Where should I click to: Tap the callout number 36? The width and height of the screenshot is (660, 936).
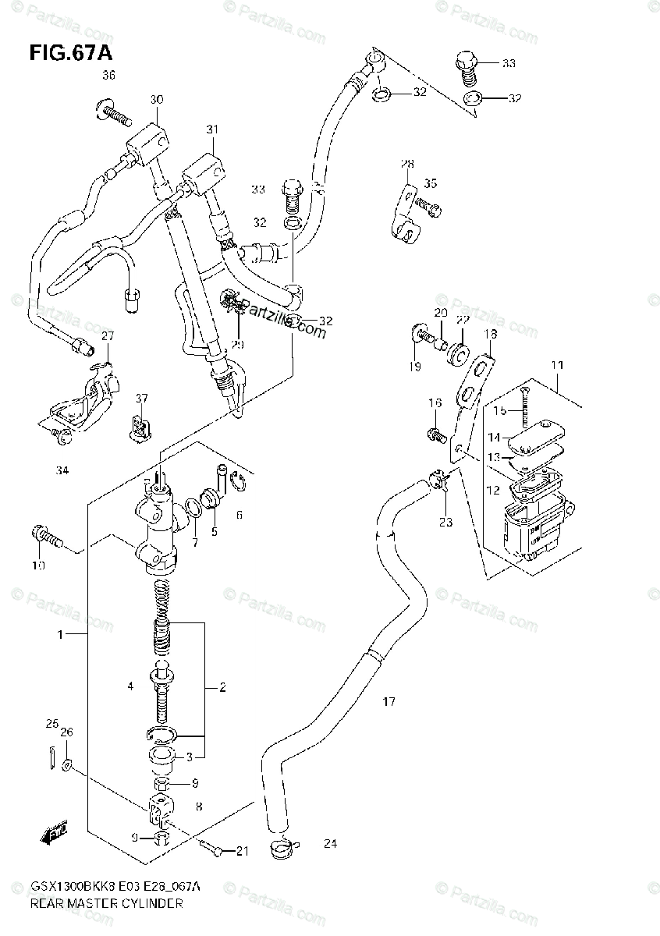tap(108, 76)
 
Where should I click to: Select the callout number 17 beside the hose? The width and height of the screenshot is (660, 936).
tap(389, 702)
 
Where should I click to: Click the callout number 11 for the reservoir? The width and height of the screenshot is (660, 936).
tap(557, 364)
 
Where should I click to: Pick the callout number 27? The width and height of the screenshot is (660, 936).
tap(107, 336)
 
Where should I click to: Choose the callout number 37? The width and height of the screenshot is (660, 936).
tap(140, 399)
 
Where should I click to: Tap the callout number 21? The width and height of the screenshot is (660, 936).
tap(242, 851)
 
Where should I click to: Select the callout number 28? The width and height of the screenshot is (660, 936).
tap(407, 164)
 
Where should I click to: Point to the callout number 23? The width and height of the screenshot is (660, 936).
tap(445, 523)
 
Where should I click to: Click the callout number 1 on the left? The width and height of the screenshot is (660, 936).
tap(60, 636)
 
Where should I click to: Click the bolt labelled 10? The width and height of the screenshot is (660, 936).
tap(47, 536)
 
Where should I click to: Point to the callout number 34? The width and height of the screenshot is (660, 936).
tap(62, 470)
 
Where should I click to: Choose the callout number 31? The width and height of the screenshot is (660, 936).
tap(211, 129)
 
